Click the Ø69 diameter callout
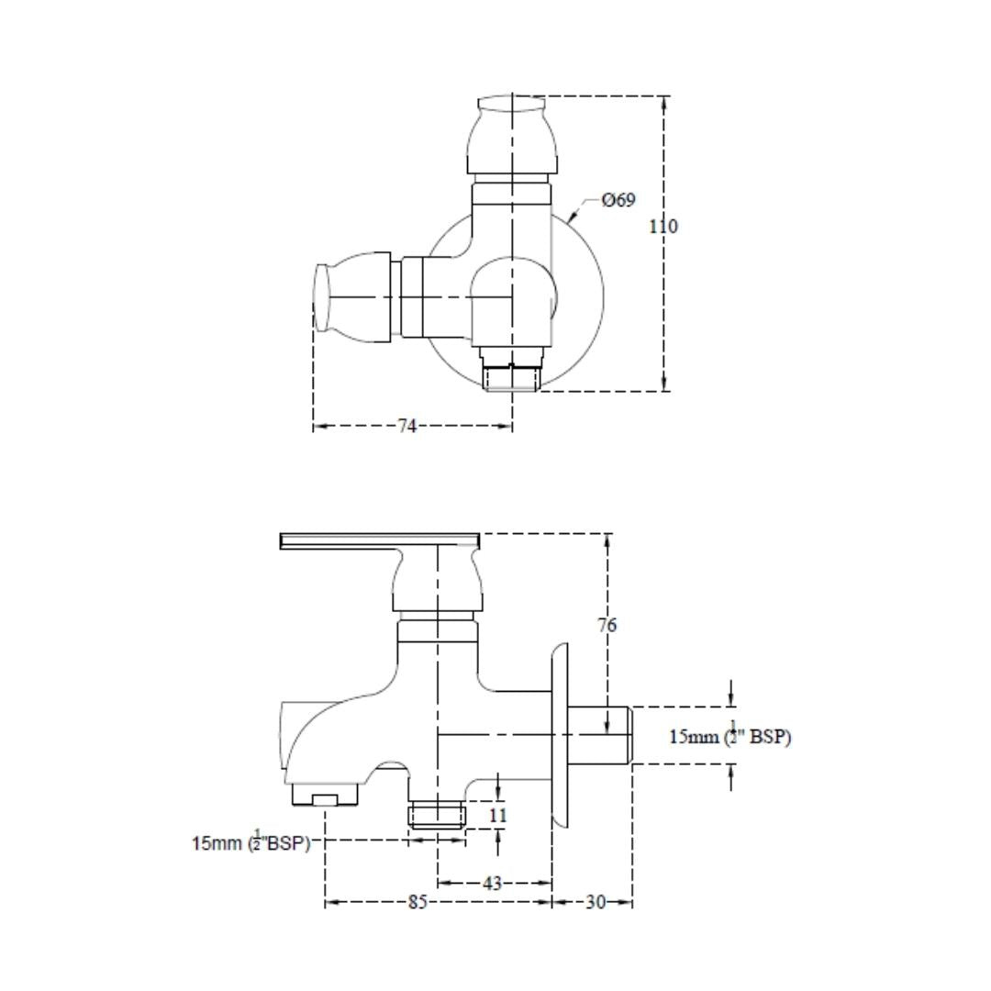(x=618, y=200)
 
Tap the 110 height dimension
(x=663, y=226)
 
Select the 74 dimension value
(x=407, y=427)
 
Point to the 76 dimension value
(x=607, y=625)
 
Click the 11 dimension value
(x=498, y=816)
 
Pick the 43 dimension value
(x=492, y=883)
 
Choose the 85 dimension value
(x=418, y=902)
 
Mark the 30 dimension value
(x=596, y=902)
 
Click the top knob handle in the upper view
(x=513, y=135)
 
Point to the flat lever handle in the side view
(x=380, y=541)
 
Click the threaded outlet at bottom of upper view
(x=511, y=379)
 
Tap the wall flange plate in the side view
(x=560, y=735)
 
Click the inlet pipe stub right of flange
(x=600, y=735)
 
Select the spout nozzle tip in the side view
(x=325, y=794)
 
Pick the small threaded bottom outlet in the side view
(x=438, y=816)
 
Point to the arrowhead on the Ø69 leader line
(x=572, y=218)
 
